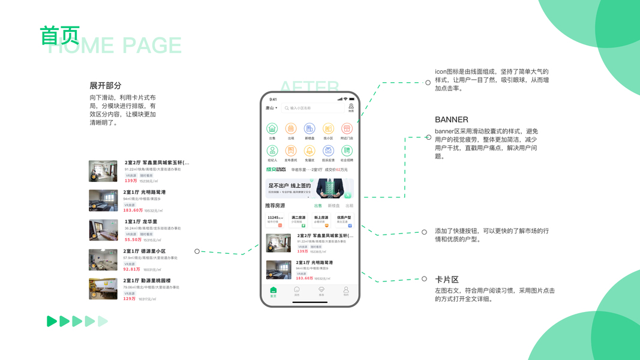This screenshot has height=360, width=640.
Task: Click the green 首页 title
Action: point(59,35)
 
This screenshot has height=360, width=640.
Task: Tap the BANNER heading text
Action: point(451,119)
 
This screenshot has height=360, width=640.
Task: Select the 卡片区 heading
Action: point(446,280)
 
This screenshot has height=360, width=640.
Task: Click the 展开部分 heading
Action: point(106,86)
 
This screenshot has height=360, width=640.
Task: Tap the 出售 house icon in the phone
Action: point(272,128)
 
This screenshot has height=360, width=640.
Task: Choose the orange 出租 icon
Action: point(291,128)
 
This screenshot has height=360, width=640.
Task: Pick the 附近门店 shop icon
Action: point(347,128)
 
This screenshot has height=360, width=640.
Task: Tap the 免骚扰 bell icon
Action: point(310,151)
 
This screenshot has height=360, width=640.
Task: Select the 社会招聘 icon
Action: point(347,151)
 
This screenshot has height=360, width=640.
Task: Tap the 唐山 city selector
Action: point(271,109)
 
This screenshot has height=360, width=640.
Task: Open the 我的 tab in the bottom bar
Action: point(346,291)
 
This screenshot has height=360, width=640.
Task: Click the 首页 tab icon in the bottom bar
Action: point(273,290)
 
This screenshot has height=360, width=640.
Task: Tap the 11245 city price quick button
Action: point(275,220)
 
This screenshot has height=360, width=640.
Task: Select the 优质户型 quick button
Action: point(344,220)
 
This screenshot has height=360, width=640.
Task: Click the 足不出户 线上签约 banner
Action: point(310,188)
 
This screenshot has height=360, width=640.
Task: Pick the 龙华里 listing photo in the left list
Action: point(103,230)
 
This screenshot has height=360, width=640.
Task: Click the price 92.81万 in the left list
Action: point(131,269)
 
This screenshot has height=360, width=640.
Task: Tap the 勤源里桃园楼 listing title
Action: point(147,281)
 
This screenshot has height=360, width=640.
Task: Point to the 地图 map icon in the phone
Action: point(351,108)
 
